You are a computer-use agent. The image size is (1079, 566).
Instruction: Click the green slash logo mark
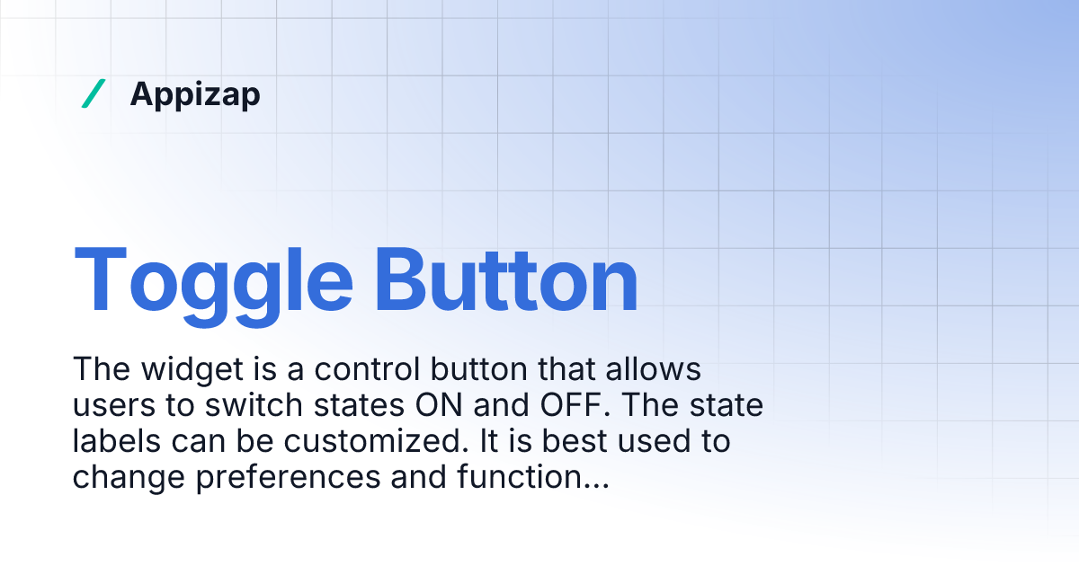click(x=93, y=93)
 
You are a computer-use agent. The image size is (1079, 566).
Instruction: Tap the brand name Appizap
click(x=195, y=93)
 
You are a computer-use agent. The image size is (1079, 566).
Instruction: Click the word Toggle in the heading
click(x=213, y=279)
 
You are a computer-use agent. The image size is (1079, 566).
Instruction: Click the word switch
click(x=256, y=406)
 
